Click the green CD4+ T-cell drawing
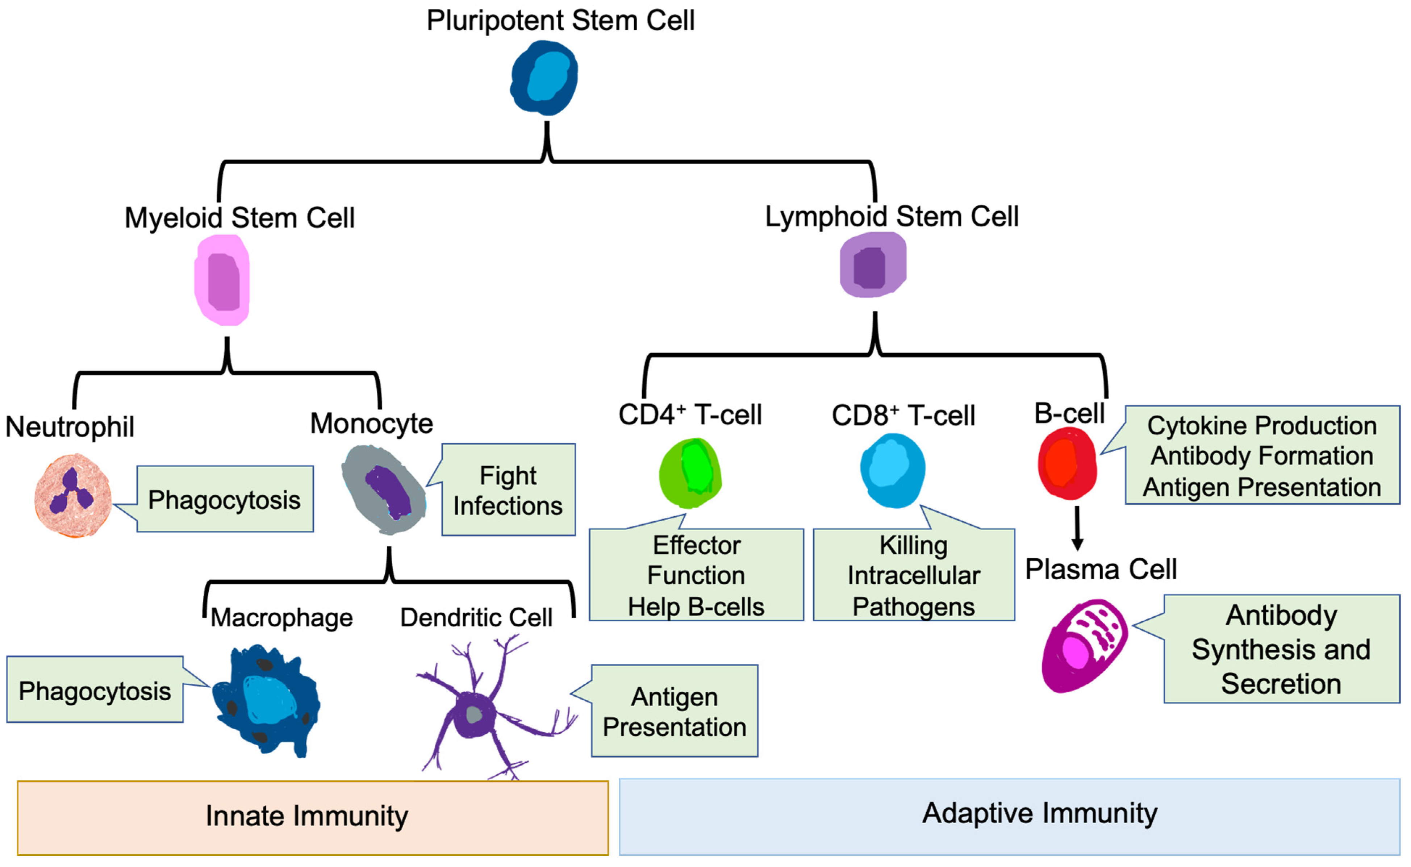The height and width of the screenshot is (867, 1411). [691, 473]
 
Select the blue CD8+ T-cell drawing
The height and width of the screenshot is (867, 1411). [893, 471]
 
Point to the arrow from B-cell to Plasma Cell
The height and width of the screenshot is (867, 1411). [1077, 528]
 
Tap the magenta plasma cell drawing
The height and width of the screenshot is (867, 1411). [1084, 646]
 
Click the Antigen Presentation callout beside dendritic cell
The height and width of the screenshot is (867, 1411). [675, 712]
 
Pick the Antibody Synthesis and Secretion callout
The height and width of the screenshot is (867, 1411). [1281, 650]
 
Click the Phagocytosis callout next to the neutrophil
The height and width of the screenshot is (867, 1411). [225, 500]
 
